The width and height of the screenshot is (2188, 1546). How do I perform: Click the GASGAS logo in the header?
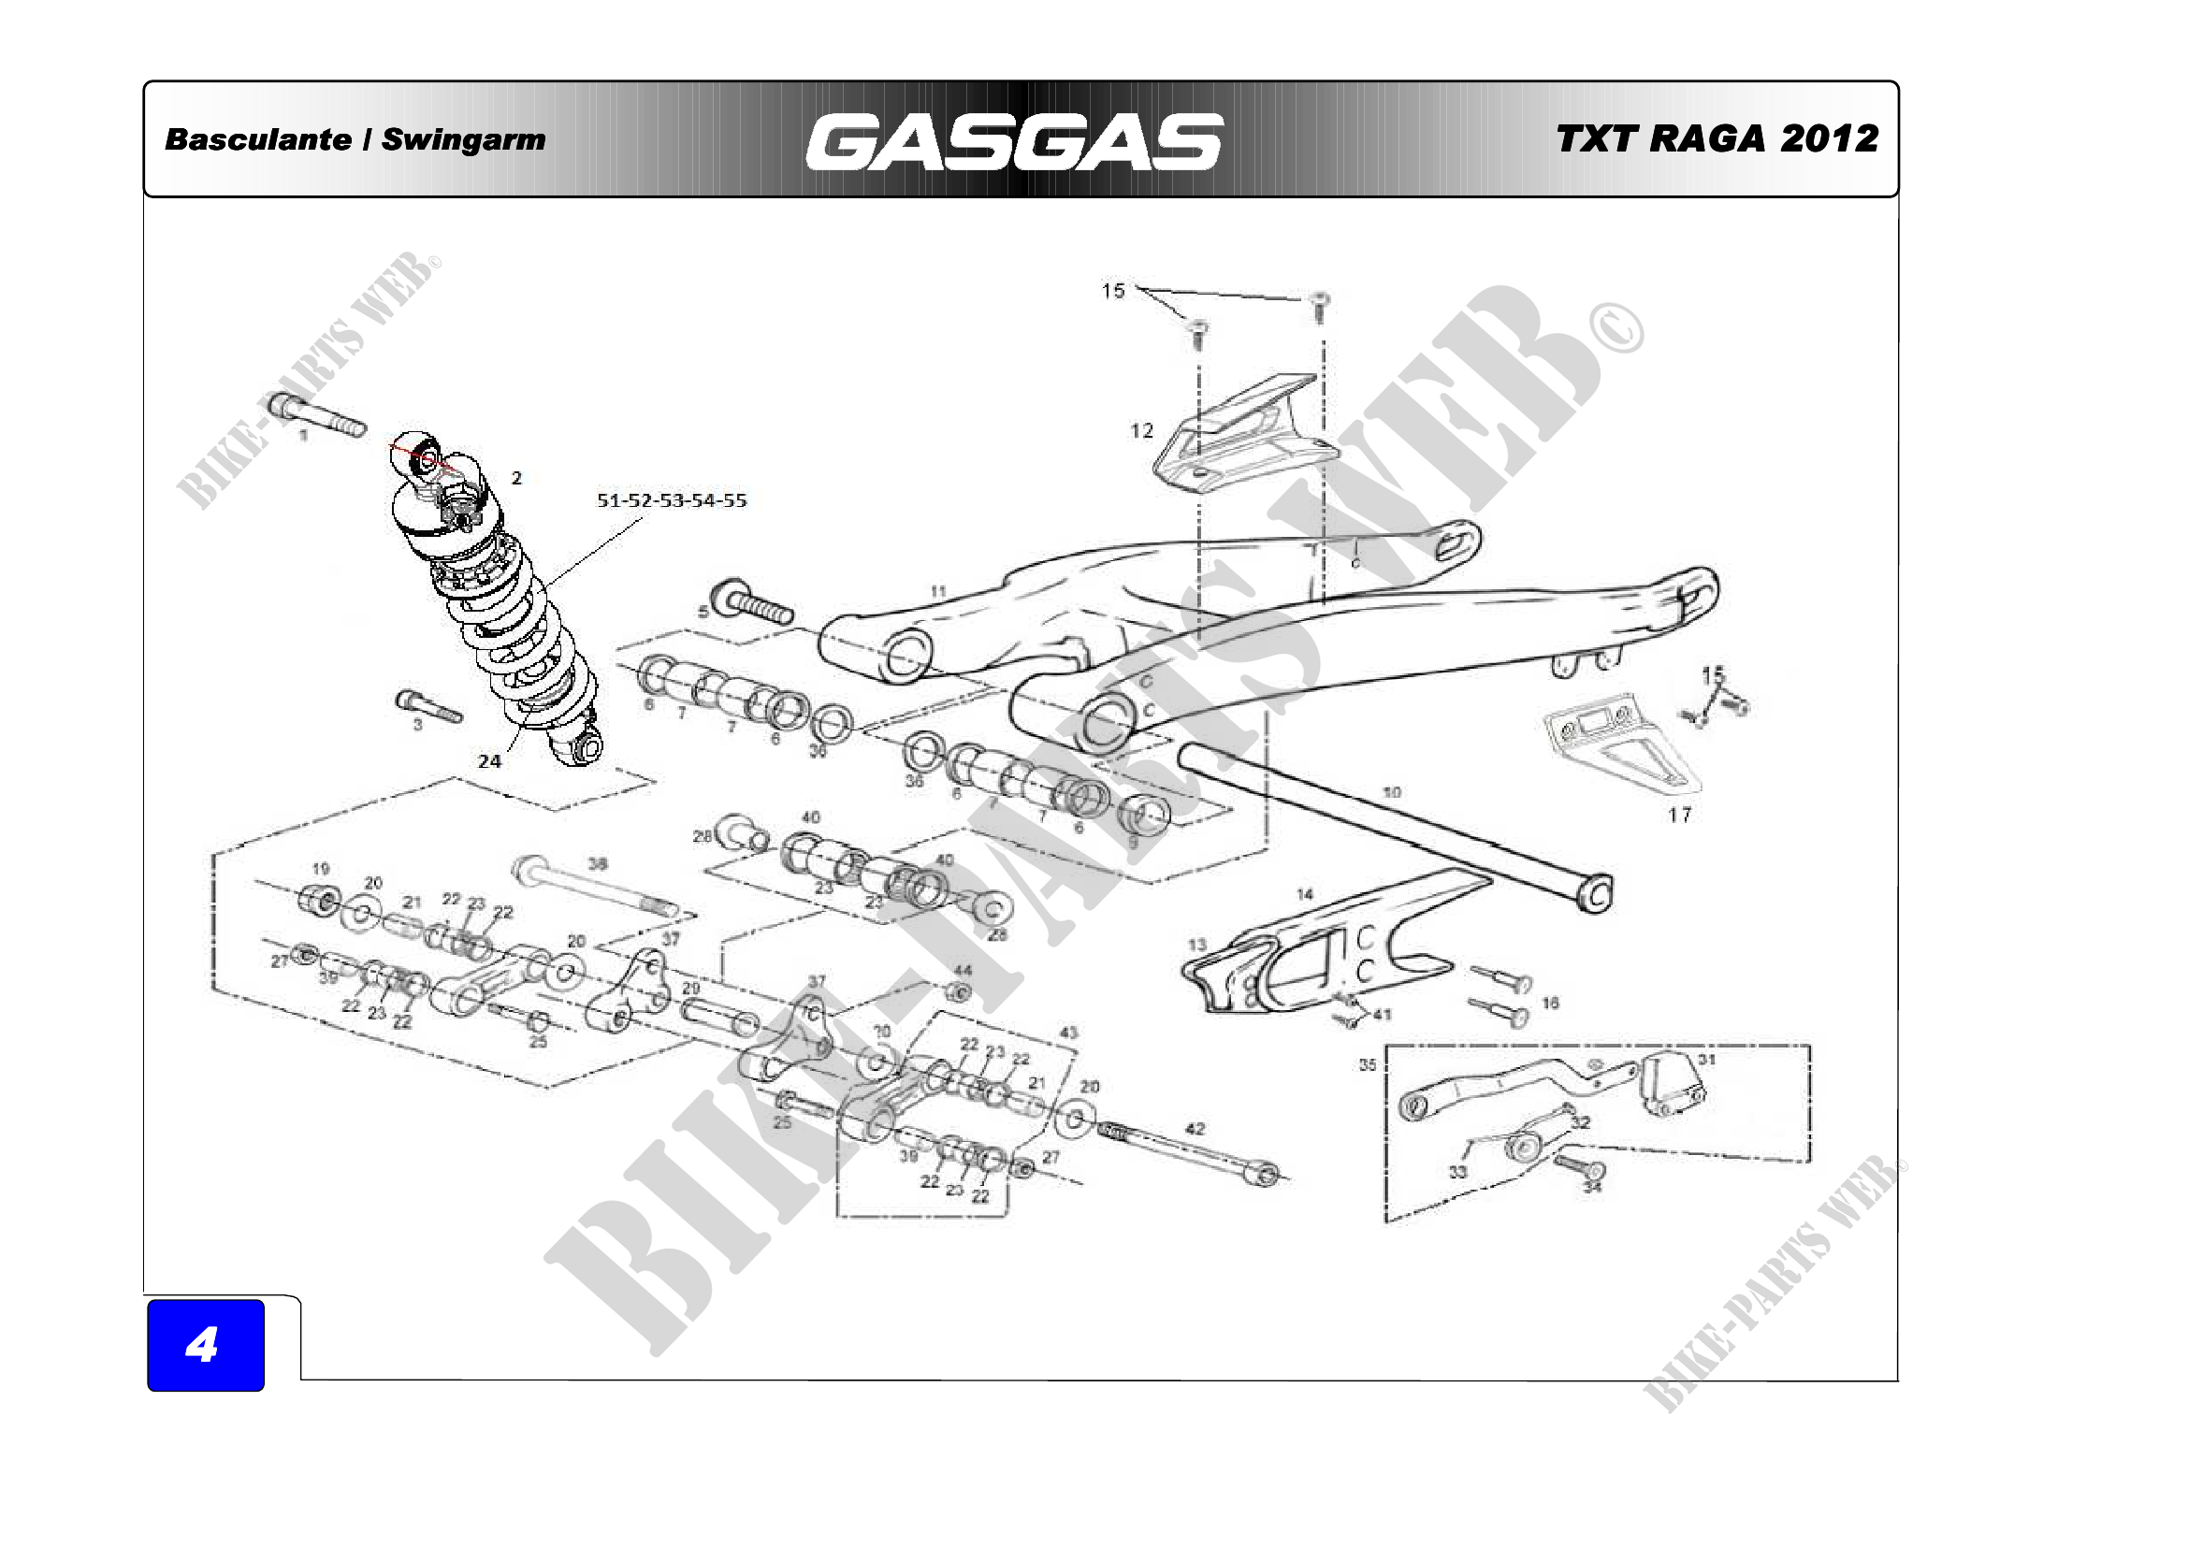pos(1014,142)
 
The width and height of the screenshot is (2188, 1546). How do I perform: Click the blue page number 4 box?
pos(205,1344)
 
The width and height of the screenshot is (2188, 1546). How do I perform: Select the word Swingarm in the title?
pos(463,139)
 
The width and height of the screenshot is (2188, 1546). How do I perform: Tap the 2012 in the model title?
pos(1829,139)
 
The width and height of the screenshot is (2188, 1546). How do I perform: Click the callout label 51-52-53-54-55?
pos(671,500)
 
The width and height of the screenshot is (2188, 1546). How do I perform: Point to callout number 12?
pos(1141,430)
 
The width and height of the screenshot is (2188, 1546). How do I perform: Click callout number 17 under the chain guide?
pos(1679,815)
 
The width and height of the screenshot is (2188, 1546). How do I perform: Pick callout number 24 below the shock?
pos(489,761)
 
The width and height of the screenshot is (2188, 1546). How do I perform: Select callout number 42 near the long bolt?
pos(1195,1129)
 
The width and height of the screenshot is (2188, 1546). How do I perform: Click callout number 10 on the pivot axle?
pos(1391,791)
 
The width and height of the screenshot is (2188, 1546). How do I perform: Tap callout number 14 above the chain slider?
pos(1305,894)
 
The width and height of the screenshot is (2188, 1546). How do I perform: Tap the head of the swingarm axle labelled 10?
pos(1596,893)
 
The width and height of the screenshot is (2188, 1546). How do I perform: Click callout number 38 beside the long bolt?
pos(598,864)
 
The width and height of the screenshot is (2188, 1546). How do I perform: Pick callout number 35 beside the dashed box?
pos(1368,1065)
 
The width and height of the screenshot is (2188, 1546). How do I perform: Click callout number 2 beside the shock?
pos(516,478)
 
